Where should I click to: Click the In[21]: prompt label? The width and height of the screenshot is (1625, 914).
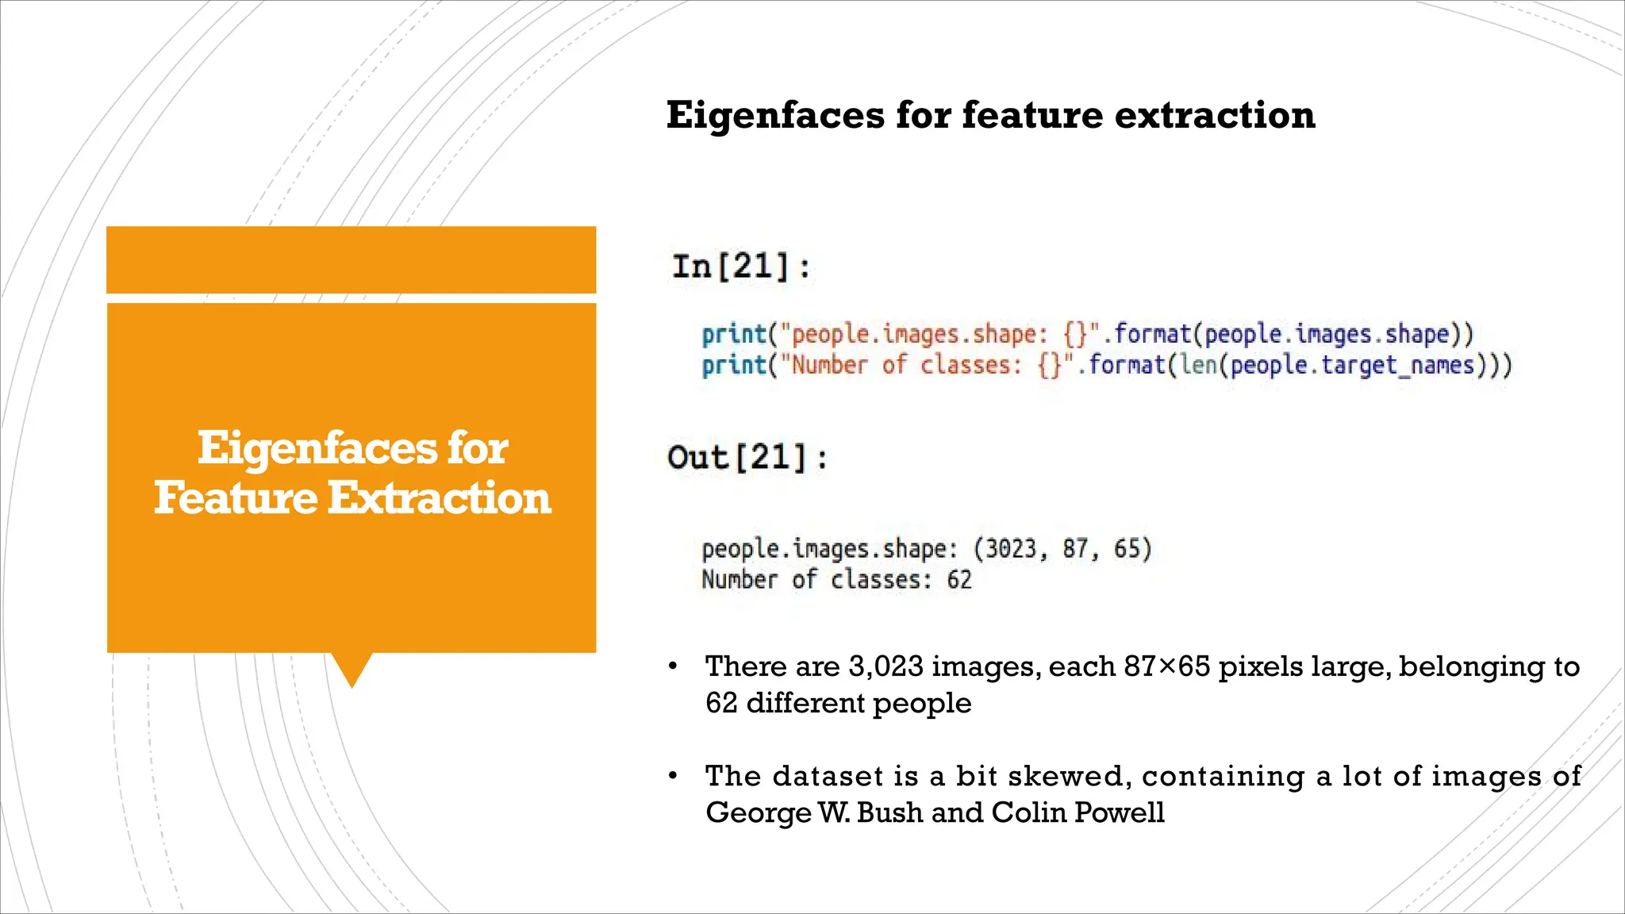[741, 266]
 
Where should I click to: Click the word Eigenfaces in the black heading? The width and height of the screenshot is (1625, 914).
[774, 115]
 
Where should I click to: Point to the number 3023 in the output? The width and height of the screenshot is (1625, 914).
[1010, 549]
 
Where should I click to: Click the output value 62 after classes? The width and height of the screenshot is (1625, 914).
[959, 580]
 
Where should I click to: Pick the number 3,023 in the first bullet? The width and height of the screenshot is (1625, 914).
[885, 666]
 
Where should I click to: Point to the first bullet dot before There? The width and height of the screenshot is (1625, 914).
[673, 666]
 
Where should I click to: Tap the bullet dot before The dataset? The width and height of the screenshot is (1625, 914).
[673, 776]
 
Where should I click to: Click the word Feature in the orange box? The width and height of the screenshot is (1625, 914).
[236, 498]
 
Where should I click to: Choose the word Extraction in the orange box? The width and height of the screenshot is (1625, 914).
[439, 498]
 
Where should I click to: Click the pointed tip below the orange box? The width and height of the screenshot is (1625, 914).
[352, 681]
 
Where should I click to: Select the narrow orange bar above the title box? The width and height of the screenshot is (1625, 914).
[351, 259]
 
